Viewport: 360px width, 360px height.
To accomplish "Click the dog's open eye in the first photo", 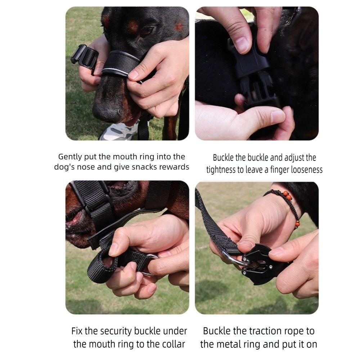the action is [x=147, y=31].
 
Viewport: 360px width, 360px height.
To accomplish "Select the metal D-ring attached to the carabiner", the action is [x=232, y=260].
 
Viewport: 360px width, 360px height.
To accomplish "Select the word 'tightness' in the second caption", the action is [x=221, y=170].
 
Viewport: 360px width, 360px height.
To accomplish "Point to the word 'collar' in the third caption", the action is [x=174, y=344].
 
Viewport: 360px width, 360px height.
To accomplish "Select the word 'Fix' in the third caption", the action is [x=77, y=331].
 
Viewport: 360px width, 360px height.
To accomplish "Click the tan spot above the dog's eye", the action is [x=132, y=26].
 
